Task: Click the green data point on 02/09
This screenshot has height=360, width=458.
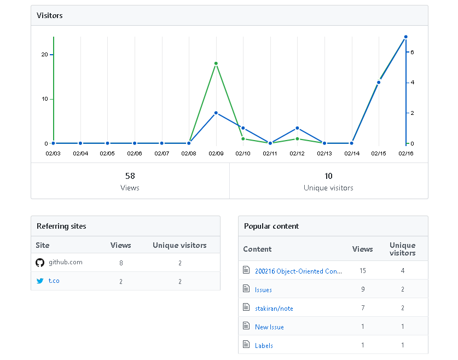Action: click(216, 63)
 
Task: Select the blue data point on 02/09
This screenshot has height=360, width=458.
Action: click(216, 113)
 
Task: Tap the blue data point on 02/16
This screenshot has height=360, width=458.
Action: click(405, 37)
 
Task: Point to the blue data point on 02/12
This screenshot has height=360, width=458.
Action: click(297, 128)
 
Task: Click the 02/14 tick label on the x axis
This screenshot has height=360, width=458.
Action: click(351, 154)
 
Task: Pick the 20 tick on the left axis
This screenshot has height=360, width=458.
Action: click(44, 55)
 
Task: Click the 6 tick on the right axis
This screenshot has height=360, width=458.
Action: click(412, 52)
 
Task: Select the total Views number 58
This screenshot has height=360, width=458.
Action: click(130, 176)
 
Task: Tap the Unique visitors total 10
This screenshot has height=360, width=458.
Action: click(328, 176)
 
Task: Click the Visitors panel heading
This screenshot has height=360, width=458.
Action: click(50, 15)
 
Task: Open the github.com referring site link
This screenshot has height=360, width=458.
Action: click(66, 262)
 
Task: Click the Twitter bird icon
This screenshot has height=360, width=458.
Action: click(39, 281)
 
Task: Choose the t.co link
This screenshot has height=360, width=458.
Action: click(54, 281)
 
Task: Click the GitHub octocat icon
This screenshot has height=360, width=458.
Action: click(39, 263)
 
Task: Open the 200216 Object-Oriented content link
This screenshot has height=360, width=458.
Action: click(298, 271)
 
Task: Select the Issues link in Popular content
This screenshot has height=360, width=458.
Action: click(263, 289)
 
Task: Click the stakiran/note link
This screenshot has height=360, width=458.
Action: click(274, 308)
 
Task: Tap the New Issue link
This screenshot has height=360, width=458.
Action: click(269, 327)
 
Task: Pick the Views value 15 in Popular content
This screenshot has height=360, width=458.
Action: click(363, 271)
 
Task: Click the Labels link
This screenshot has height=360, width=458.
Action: click(264, 345)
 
